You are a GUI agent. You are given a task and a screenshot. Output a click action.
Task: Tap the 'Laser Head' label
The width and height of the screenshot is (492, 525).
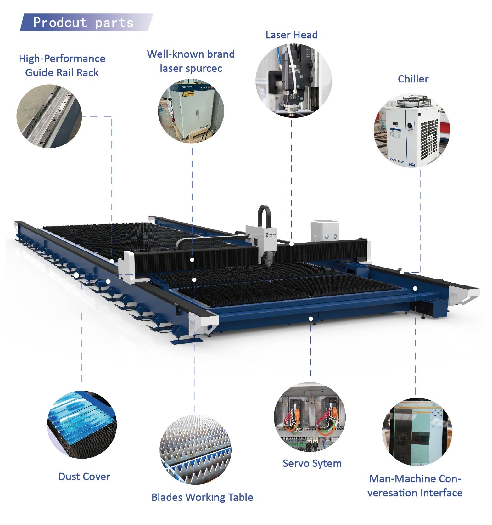(x=292, y=35)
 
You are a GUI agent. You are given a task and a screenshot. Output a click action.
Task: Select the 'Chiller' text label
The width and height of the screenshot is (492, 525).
(x=413, y=79)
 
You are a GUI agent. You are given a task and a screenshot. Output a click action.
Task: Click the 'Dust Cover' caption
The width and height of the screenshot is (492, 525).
(x=84, y=476)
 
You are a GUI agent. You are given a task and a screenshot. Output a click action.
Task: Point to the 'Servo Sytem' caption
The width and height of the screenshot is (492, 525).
(x=312, y=463)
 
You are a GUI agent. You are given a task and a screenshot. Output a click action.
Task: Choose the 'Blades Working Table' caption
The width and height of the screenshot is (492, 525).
(x=202, y=497)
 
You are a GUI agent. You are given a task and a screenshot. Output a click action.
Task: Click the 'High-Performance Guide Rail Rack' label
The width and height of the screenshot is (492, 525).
(x=62, y=65)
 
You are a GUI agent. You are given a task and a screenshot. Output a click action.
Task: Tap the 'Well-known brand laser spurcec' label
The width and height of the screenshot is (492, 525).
(x=191, y=61)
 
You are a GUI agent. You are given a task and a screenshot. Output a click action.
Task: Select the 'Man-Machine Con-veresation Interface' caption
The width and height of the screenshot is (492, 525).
(x=415, y=486)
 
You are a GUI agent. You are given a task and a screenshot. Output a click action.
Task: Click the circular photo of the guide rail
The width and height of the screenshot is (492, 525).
(x=49, y=116)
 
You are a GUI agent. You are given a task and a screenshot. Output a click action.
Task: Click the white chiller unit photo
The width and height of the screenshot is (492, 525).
(x=412, y=130)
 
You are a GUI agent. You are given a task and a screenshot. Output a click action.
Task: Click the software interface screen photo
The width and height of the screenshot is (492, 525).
(x=417, y=432)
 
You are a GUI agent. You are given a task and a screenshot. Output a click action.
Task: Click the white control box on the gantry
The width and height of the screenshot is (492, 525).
(x=325, y=231)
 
